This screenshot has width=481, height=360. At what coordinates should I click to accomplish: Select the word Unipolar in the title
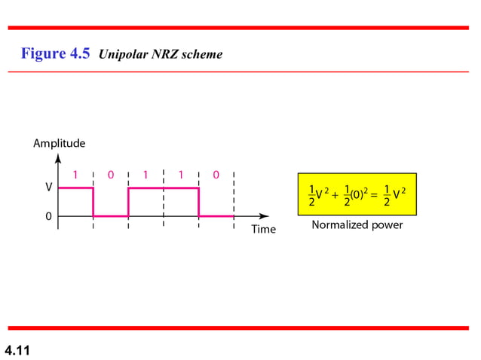coord(123,54)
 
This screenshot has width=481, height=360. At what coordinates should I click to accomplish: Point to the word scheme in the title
coord(203,54)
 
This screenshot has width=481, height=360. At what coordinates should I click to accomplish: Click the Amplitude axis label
coord(59,143)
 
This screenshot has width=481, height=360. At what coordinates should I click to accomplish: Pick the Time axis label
coord(264,229)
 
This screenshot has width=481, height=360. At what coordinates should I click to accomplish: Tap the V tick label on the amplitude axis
coord(48,187)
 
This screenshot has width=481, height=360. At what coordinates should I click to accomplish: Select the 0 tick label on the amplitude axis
coord(48,216)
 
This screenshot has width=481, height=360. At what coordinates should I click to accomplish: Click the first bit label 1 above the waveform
coord(75,175)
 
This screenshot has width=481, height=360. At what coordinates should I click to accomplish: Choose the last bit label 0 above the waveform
coord(216,175)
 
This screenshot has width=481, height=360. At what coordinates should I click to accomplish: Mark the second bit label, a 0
coord(110,175)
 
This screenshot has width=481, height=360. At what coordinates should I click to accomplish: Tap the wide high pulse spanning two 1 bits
coord(163,188)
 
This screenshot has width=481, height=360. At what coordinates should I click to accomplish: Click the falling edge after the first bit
coord(93,202)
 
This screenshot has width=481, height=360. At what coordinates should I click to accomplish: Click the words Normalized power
coord(357,224)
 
